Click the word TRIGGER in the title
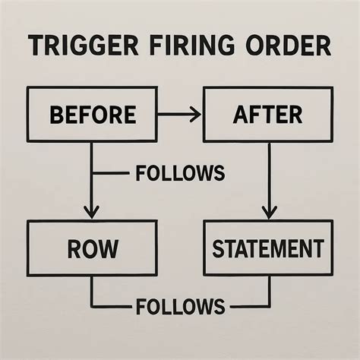point(83,46)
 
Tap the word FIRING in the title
point(191,46)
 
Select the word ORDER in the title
point(288,46)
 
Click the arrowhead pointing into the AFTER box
point(196,115)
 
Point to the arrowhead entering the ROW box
point(92,212)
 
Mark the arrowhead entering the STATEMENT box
point(269,212)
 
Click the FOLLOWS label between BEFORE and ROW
point(180,173)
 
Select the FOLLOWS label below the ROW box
point(180,306)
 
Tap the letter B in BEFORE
point(56,115)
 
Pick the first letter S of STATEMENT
point(218,248)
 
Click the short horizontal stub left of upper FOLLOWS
point(111,173)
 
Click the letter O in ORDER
point(255,46)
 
